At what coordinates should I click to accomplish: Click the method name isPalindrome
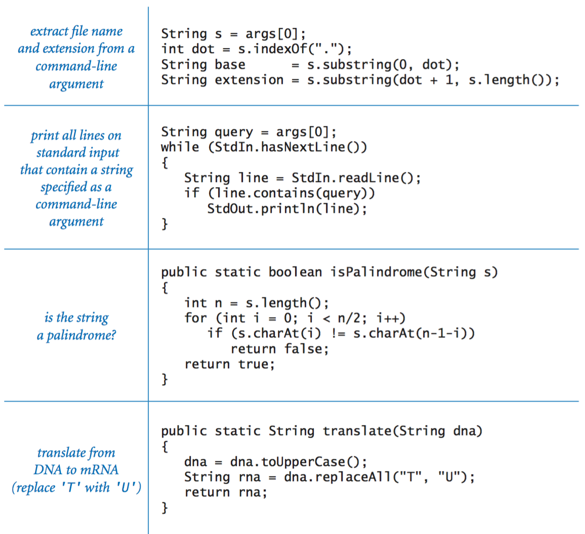point(377,272)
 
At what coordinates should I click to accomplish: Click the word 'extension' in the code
point(249,80)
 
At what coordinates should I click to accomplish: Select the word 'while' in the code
point(180,147)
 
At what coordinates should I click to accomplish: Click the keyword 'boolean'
point(295,272)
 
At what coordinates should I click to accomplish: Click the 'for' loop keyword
point(195,318)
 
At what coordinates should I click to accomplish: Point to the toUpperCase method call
point(303,462)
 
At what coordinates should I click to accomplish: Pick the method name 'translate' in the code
point(357,431)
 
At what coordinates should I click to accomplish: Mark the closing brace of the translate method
point(164,508)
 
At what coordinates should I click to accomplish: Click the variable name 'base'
point(230,65)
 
